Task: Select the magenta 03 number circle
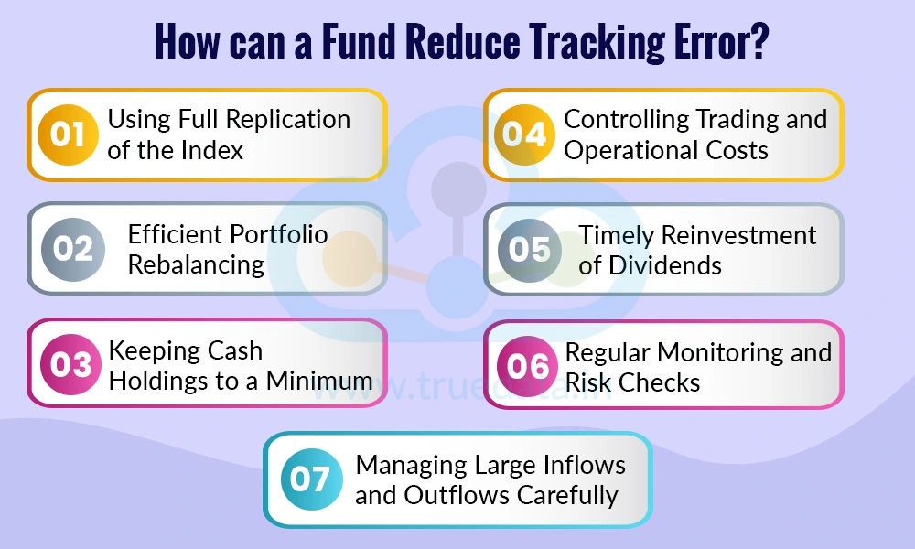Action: point(70,364)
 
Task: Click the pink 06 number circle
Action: point(528,365)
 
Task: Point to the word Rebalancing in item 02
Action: point(196,264)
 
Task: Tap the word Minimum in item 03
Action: point(320,380)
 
